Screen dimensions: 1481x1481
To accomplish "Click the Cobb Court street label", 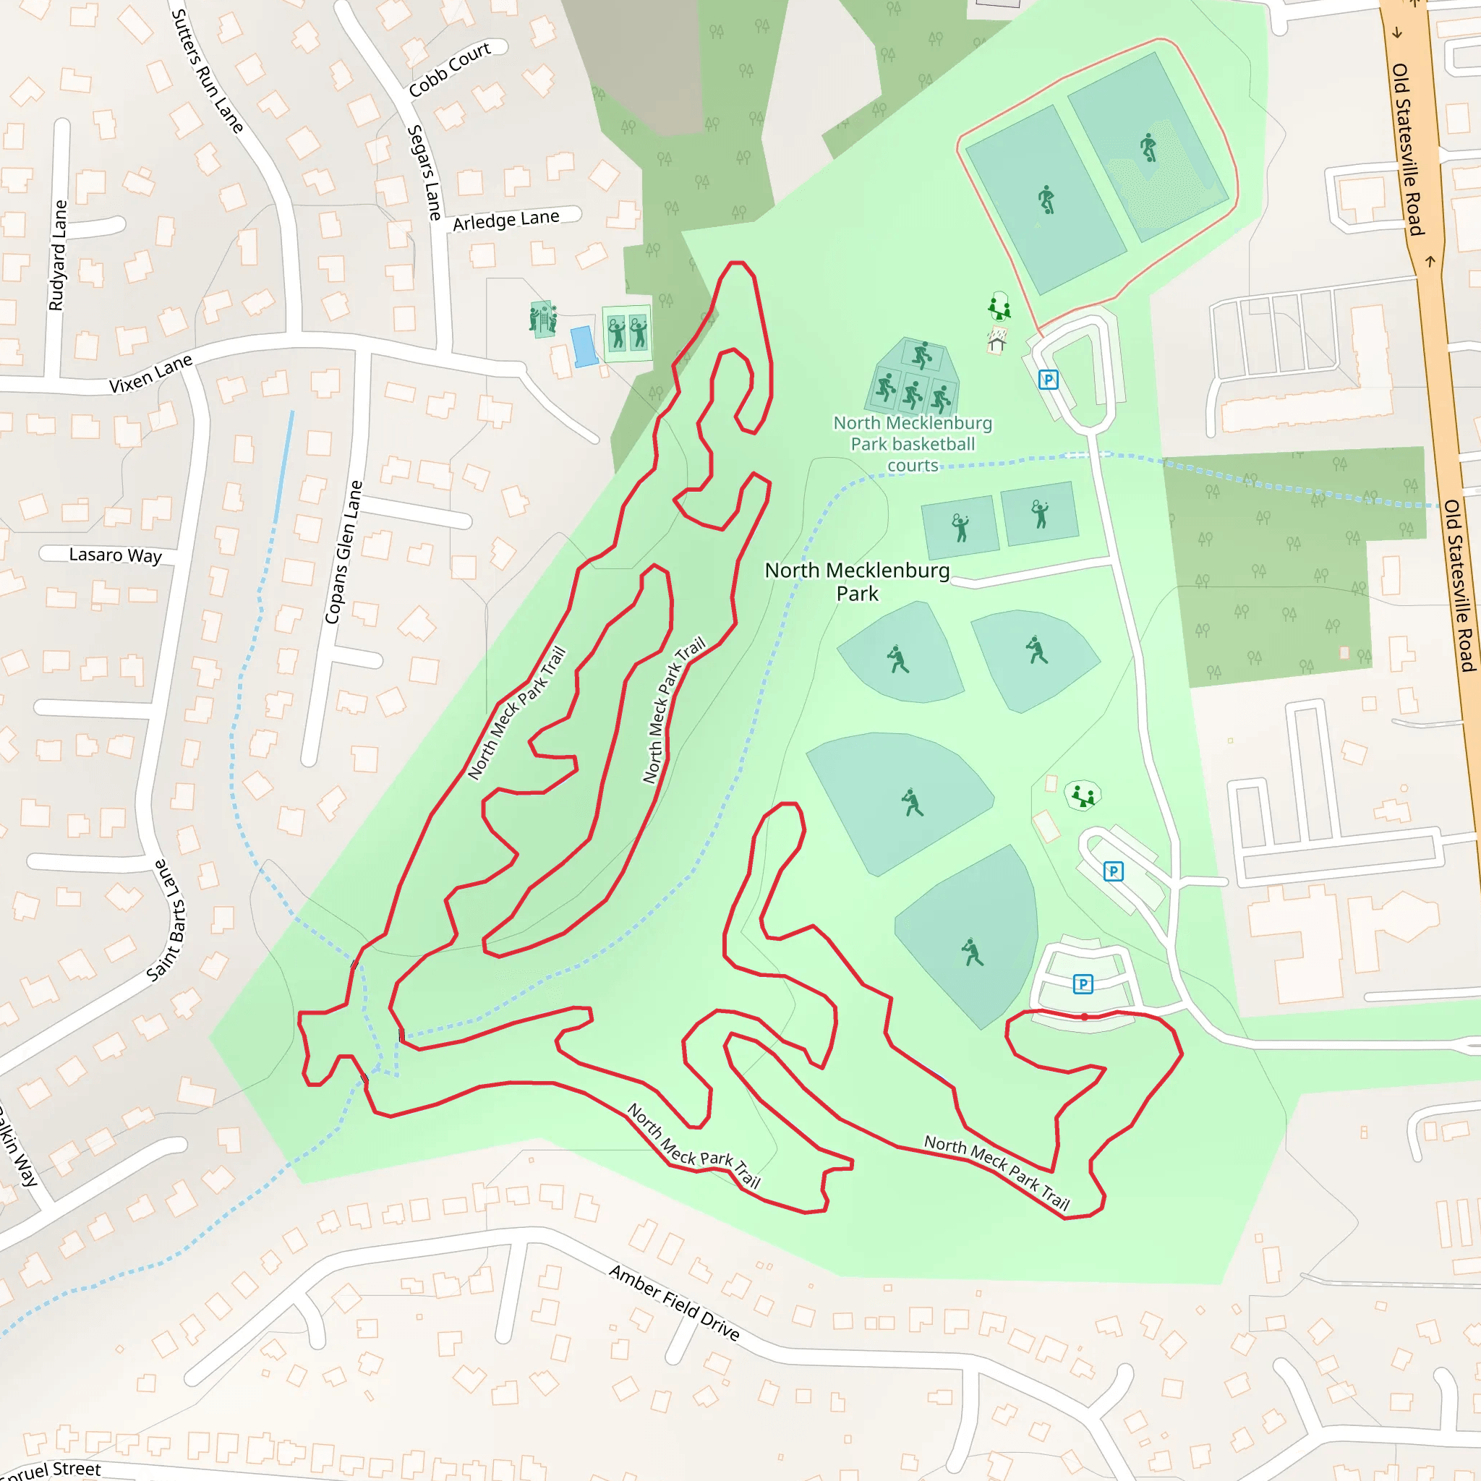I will pyautogui.click(x=449, y=69).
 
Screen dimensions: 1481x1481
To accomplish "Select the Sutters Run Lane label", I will pyautogui.click(x=206, y=71).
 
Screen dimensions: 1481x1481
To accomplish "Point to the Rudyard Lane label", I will pyautogui.click(x=58, y=255).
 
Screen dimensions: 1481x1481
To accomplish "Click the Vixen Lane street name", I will pyautogui.click(x=150, y=373).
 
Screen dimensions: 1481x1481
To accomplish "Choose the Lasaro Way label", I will pyautogui.click(x=115, y=555).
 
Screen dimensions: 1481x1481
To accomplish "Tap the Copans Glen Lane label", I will pyautogui.click(x=343, y=552).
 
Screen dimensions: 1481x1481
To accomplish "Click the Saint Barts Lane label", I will pyautogui.click(x=167, y=920).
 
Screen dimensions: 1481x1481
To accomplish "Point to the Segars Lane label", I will pyautogui.click(x=424, y=173).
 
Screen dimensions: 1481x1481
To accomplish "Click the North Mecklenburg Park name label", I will pyautogui.click(x=857, y=581).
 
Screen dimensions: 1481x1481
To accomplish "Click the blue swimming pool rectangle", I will pyautogui.click(x=584, y=346).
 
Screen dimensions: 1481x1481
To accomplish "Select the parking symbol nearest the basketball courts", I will pyautogui.click(x=1048, y=380).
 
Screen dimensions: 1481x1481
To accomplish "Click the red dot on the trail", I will pyautogui.click(x=1084, y=1017).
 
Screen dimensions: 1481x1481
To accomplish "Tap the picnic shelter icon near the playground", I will pyautogui.click(x=996, y=339).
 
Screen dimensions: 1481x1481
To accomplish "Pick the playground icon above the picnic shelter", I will pyautogui.click(x=999, y=307).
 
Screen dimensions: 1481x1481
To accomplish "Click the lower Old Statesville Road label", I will pyautogui.click(x=1459, y=586).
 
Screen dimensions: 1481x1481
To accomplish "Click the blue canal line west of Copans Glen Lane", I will pyautogui.click(x=283, y=468).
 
